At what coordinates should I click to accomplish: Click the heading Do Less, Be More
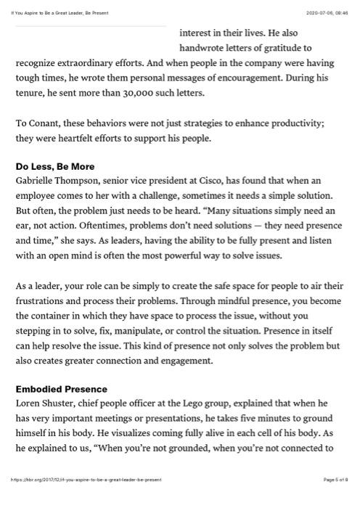coord(55,166)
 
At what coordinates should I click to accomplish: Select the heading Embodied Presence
coord(62,389)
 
